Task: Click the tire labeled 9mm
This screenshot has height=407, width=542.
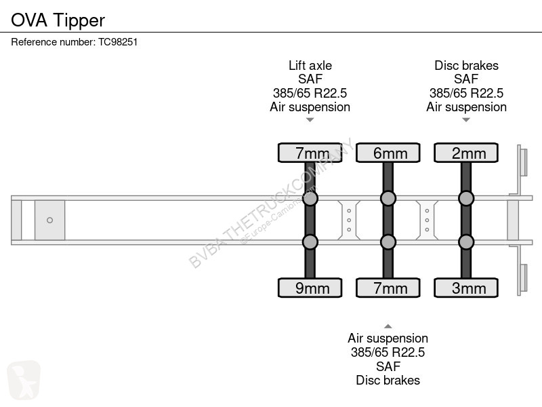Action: (310, 288)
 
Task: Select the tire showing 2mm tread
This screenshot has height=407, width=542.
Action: (466, 153)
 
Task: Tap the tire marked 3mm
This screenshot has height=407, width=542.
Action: (466, 288)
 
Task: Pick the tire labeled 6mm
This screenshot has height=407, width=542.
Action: (388, 153)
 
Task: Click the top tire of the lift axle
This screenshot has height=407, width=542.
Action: (310, 153)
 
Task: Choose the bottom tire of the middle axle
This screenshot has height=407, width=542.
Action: (388, 288)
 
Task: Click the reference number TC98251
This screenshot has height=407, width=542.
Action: (118, 42)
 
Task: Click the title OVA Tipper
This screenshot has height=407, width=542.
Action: (58, 20)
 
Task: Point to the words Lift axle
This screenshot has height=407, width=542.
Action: (310, 65)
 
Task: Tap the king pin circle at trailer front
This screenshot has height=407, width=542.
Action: (49, 220)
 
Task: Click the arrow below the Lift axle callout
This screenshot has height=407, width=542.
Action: (310, 120)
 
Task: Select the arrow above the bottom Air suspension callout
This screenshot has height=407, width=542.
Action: (388, 326)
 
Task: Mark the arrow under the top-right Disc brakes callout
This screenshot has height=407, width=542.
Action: (466, 120)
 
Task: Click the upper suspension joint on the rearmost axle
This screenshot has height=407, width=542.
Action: (466, 198)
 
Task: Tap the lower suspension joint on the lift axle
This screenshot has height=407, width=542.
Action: (310, 242)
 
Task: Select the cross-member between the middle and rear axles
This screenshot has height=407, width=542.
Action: (427, 220)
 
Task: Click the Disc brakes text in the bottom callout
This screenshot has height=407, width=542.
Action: (388, 381)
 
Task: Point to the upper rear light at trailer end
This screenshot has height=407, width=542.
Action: (523, 162)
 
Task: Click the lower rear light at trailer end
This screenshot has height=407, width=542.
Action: (523, 278)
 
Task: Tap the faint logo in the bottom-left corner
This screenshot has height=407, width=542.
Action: (24, 380)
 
